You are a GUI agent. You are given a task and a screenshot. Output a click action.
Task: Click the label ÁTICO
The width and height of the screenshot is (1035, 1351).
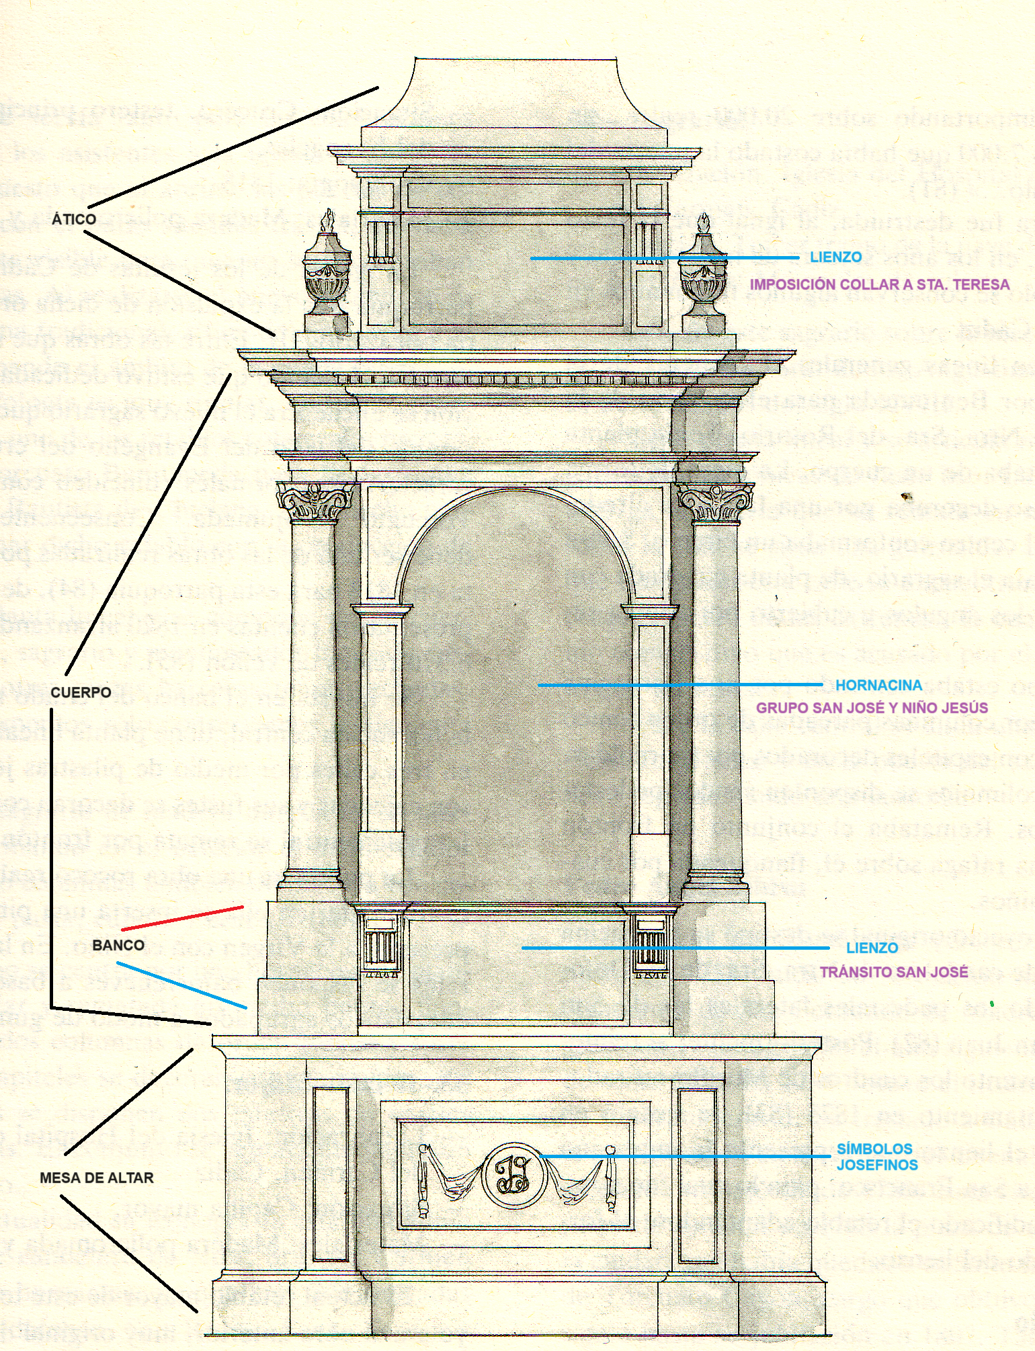[74, 219]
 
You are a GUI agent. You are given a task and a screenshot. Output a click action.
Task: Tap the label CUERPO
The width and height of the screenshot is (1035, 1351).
[81, 692]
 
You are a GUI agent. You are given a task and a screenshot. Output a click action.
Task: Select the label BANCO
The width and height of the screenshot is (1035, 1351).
[118, 945]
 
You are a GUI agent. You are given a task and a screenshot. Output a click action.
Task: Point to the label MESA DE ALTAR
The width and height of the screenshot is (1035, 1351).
[97, 1178]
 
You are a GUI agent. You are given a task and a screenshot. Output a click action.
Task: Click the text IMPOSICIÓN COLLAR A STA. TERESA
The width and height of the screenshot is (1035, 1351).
[879, 284]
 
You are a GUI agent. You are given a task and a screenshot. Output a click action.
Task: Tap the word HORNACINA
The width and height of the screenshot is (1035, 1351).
[878, 685]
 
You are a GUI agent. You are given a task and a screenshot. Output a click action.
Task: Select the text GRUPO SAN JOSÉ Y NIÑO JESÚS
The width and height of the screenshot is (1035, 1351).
[872, 708]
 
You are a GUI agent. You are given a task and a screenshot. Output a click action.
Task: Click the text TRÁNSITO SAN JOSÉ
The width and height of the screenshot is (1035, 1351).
[893, 972]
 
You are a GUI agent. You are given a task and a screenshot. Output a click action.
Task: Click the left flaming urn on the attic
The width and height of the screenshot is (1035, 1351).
[327, 272]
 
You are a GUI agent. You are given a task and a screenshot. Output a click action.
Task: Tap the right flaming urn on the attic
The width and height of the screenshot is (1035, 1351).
[704, 272]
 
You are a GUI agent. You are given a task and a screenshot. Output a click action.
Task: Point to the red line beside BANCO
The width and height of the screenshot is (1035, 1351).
[182, 918]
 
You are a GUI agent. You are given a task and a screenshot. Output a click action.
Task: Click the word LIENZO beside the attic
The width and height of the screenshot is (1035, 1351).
[835, 257]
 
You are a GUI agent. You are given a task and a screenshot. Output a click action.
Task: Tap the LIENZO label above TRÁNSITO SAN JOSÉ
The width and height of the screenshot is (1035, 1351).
[872, 948]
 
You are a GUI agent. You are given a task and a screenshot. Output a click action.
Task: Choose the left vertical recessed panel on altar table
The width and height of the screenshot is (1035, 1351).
[331, 1174]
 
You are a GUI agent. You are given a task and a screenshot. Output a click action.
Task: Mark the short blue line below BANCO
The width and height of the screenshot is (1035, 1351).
[181, 985]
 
